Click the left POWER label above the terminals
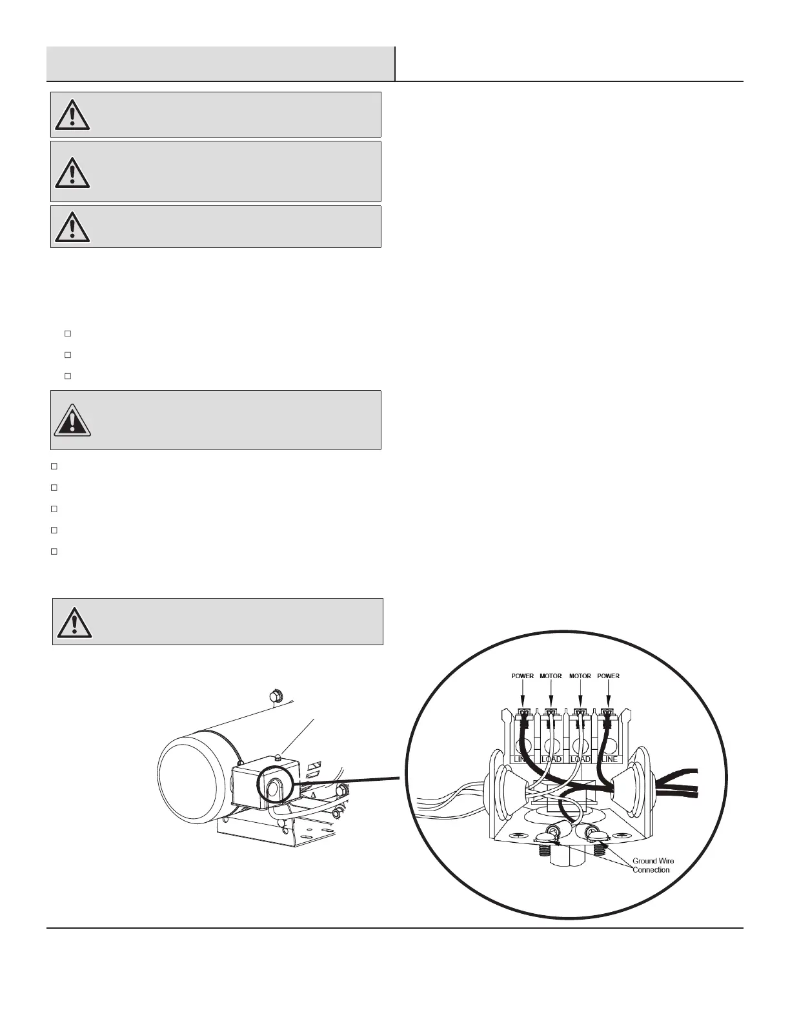[x=522, y=676]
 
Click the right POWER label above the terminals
[x=608, y=676]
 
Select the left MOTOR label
[x=551, y=676]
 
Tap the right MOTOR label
[x=580, y=676]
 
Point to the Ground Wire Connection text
[x=653, y=865]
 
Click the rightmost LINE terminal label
[x=609, y=759]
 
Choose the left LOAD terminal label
[x=551, y=759]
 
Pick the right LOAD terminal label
[x=580, y=759]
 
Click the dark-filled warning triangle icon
[x=72, y=420]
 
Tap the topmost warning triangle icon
[x=72, y=115]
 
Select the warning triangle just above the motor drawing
[x=74, y=622]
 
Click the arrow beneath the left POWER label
[x=523, y=694]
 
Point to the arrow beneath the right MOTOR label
[x=580, y=694]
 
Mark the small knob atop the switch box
[x=278, y=756]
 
